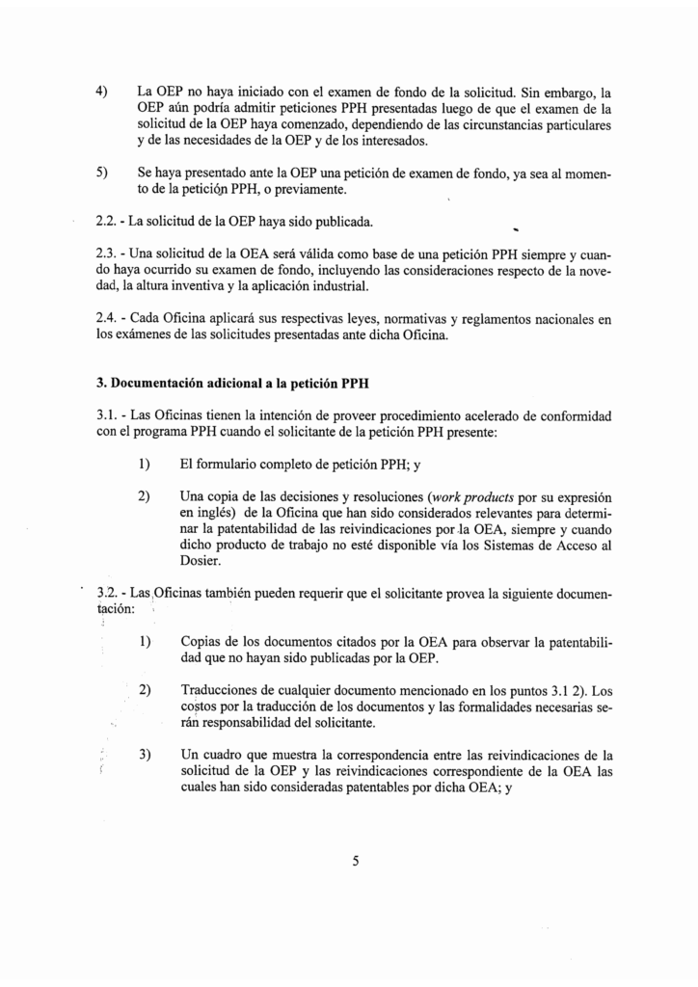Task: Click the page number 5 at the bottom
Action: tap(355, 862)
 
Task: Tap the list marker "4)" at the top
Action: tap(101, 93)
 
